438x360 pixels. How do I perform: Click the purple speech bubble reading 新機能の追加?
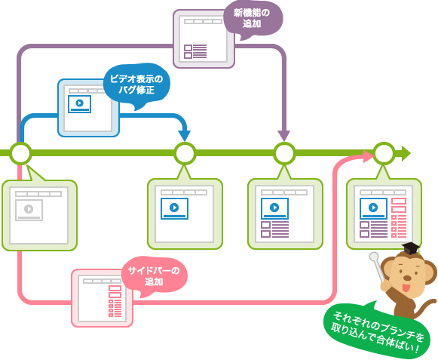click(x=253, y=18)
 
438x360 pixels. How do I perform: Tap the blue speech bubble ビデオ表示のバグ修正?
click(x=136, y=84)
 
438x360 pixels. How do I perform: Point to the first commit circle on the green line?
click(x=20, y=153)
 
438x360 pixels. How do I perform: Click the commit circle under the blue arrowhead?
click(x=185, y=153)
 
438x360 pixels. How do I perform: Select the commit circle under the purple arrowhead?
click(x=284, y=153)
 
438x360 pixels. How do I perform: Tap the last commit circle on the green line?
click(x=384, y=153)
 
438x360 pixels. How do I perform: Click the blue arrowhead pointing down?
click(x=185, y=136)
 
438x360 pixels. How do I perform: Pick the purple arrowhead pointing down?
click(x=284, y=136)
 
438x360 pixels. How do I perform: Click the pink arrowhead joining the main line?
click(x=369, y=156)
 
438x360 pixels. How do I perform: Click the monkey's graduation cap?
click(x=411, y=248)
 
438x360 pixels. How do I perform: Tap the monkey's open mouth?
click(x=406, y=288)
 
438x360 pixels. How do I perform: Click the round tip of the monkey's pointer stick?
click(x=374, y=256)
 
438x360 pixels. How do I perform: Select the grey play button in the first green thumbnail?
click(x=29, y=208)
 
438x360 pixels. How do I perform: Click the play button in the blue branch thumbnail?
click(x=80, y=103)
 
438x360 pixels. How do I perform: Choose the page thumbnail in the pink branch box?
click(x=103, y=298)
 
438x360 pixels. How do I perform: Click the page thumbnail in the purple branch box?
click(x=204, y=39)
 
